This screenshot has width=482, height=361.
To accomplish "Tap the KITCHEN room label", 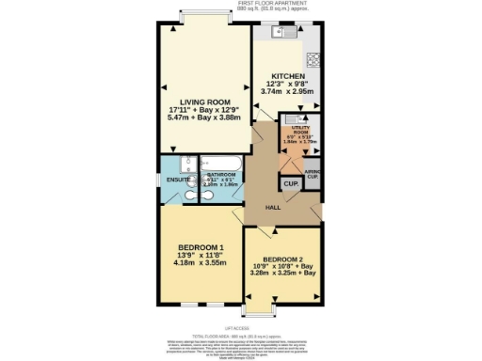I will [287, 75].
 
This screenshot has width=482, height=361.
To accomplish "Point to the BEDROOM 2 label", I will [282, 259].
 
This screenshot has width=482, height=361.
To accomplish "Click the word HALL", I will [273, 207].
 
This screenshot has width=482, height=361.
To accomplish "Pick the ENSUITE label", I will [173, 179].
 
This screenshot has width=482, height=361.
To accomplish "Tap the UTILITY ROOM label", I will [299, 134].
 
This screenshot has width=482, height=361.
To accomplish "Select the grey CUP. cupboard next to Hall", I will [290, 182].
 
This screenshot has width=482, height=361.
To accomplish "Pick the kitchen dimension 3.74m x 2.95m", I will [287, 92].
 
